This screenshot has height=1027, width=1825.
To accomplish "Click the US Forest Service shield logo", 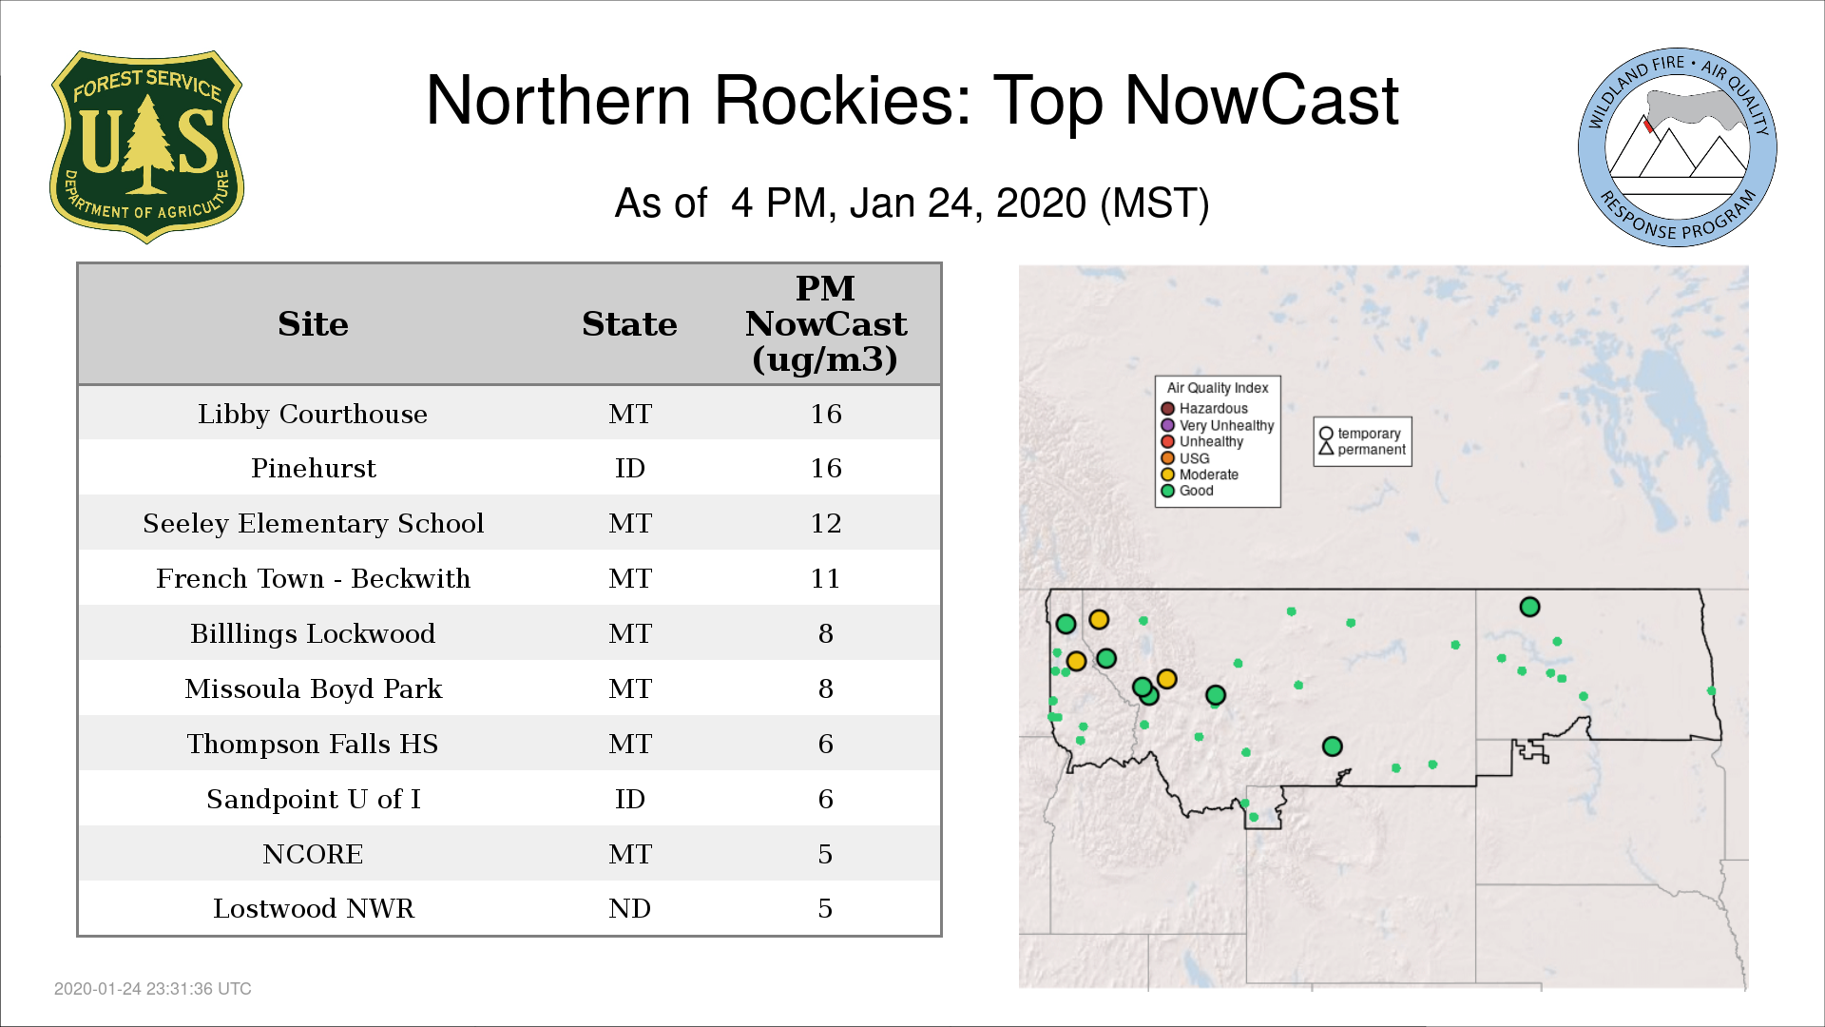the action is (x=146, y=146).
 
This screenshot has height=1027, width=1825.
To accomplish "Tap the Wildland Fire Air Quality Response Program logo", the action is (x=1678, y=147).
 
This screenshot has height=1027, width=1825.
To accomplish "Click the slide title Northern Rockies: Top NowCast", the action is (x=912, y=100).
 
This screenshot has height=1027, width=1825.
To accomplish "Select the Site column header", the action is (x=313, y=324).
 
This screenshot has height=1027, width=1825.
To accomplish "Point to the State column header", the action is (x=629, y=324).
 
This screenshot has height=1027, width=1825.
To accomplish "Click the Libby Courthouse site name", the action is (x=313, y=415).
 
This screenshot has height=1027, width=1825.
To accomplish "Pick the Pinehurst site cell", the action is (x=313, y=469).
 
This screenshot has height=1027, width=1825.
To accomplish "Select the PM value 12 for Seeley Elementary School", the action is (x=825, y=523).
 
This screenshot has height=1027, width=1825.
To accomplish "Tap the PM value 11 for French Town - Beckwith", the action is (x=825, y=578).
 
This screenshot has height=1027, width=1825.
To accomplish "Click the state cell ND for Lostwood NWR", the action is (x=629, y=908).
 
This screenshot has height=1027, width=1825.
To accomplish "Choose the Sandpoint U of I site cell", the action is (x=313, y=799).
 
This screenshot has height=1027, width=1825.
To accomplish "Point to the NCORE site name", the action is (x=313, y=854).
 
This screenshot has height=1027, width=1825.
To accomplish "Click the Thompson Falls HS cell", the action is (x=313, y=744).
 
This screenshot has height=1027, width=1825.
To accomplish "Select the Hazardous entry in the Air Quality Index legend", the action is (x=1204, y=409).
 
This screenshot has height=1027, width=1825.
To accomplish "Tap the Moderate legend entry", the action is (x=1200, y=475).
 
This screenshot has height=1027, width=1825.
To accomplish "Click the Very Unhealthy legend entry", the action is (x=1218, y=425).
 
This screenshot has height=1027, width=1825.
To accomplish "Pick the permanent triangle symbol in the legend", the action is (x=1326, y=448).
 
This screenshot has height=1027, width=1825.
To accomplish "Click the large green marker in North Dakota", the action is (x=1529, y=607).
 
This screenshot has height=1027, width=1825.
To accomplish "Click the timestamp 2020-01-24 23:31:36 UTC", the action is (x=153, y=989).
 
